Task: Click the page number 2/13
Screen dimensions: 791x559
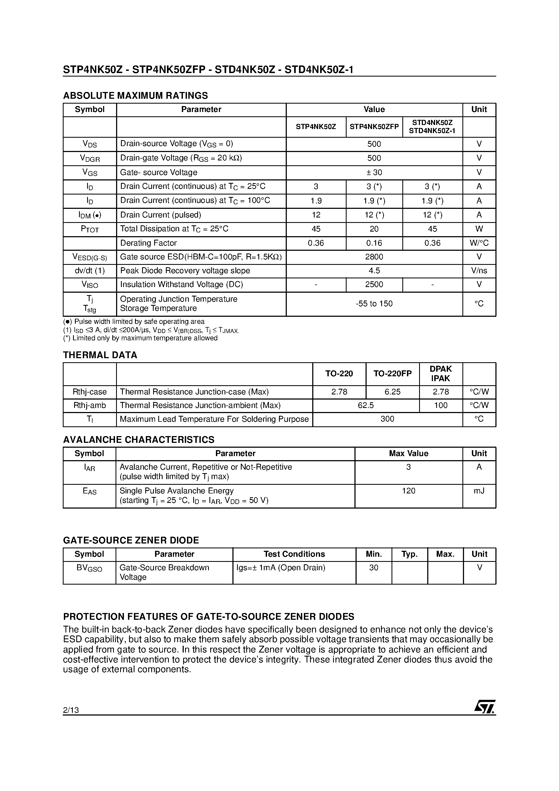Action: click(x=71, y=710)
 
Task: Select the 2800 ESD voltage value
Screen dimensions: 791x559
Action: click(x=374, y=257)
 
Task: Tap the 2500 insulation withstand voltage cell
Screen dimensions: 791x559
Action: click(x=374, y=285)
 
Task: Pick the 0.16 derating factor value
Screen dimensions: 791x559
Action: click(x=374, y=243)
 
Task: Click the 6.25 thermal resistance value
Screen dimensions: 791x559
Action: click(x=392, y=392)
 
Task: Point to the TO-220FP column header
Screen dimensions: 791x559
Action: click(x=392, y=374)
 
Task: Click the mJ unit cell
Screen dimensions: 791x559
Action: click(x=479, y=491)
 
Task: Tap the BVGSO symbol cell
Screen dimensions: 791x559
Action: click(x=89, y=568)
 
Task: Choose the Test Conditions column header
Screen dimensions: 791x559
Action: click(x=294, y=554)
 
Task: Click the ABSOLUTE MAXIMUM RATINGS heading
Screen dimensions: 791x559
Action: click(x=136, y=95)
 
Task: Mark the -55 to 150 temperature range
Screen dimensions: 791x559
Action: click(x=374, y=304)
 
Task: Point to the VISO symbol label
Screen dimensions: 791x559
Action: click(x=90, y=285)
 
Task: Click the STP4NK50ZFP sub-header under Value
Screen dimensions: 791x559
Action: click(x=374, y=127)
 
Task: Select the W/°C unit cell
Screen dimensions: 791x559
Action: click(x=479, y=243)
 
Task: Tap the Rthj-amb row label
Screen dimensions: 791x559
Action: click(x=90, y=406)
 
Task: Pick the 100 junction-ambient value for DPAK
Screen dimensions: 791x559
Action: click(x=440, y=406)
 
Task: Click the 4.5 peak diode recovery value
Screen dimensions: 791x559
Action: click(x=374, y=271)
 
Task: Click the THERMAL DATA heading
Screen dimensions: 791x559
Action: click(x=100, y=355)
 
